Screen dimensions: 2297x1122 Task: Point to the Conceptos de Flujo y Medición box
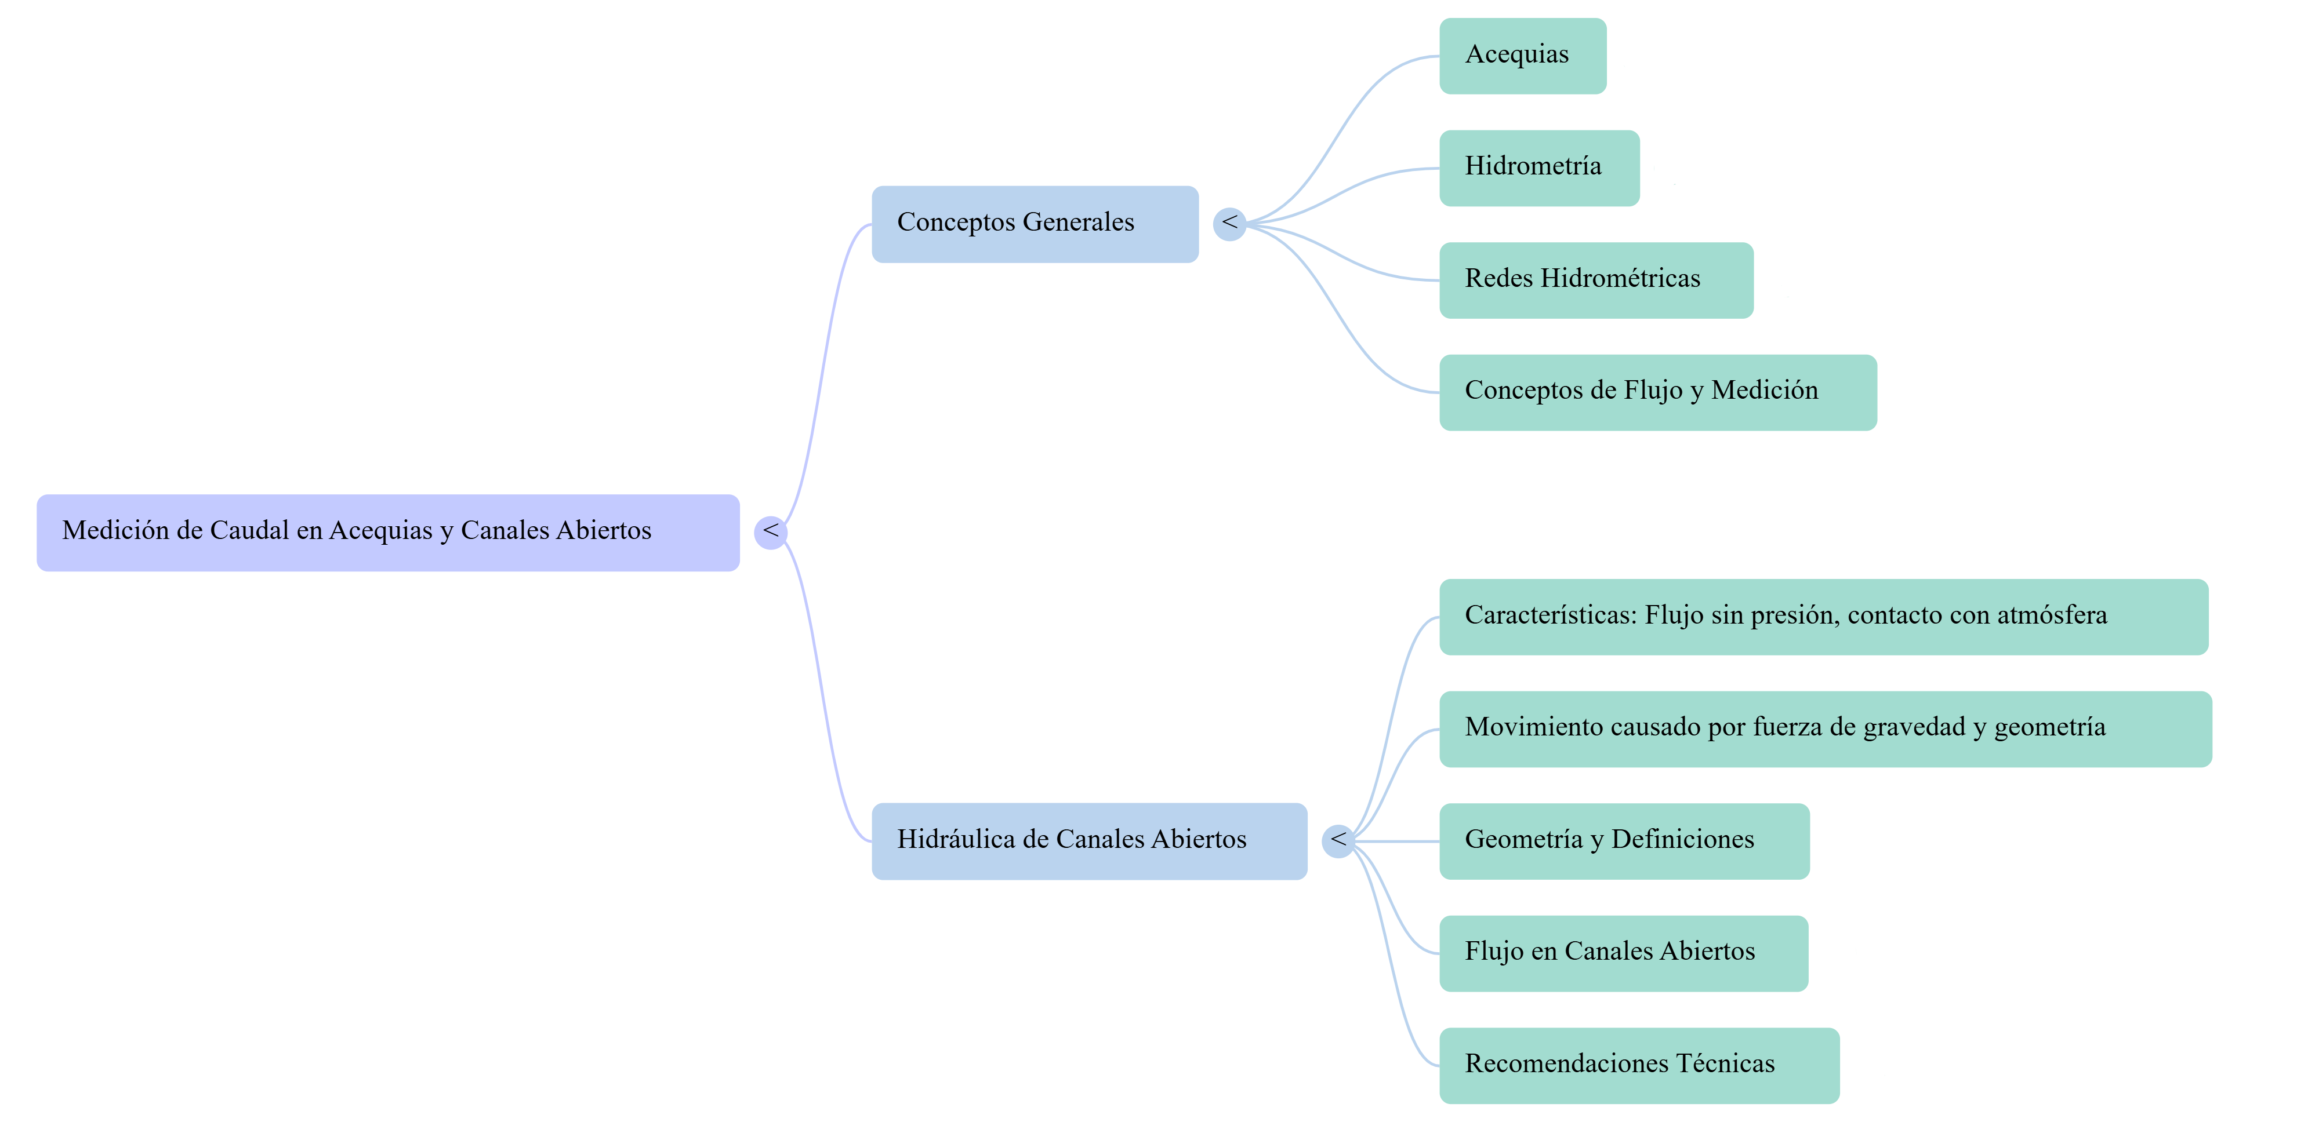(x=1658, y=392)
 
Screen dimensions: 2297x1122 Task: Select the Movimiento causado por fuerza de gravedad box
(x=1826, y=729)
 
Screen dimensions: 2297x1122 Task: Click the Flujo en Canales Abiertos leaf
(x=1624, y=953)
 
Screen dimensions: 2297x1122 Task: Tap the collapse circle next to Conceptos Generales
(x=1229, y=224)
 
